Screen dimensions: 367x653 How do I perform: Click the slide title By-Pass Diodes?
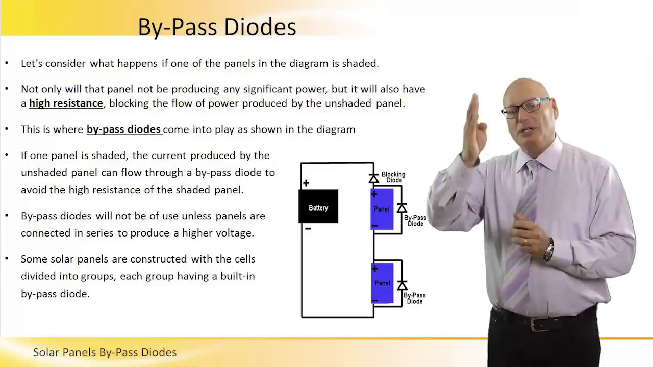point(217,27)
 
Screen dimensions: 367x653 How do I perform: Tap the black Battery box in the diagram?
point(318,206)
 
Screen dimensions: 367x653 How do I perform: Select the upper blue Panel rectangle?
point(383,209)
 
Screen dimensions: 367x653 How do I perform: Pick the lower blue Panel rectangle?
point(383,283)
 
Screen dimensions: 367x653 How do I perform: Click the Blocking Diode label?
point(393,177)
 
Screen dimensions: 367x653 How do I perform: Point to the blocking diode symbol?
point(374,178)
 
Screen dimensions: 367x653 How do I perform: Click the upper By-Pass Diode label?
point(415,221)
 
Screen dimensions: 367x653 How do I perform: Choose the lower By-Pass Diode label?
point(414,298)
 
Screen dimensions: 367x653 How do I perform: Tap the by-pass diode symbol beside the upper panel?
point(402,208)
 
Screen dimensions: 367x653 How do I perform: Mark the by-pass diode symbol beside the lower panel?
point(402,285)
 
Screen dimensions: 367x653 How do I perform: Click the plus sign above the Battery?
point(306,183)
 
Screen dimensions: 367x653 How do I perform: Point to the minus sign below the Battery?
point(308,229)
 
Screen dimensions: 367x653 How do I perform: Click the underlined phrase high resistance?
point(66,103)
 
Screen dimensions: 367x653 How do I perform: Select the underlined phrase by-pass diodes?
point(123,129)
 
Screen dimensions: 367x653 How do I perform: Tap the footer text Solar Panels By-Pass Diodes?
point(105,352)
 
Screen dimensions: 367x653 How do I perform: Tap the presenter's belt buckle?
point(536,323)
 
